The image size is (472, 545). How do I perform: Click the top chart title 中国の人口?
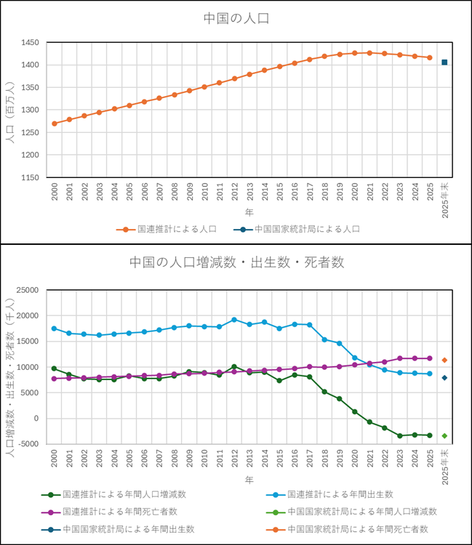(236, 19)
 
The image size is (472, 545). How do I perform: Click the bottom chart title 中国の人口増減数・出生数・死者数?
(236, 262)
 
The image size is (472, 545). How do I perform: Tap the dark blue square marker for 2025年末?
(444, 62)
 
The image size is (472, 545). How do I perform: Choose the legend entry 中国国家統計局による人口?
(304, 229)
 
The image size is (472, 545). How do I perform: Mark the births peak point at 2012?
(233, 320)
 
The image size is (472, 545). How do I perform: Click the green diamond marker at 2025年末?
(444, 436)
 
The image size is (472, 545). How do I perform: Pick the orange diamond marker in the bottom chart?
(444, 360)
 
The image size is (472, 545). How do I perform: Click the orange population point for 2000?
(55, 124)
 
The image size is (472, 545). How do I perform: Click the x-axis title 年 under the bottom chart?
(249, 480)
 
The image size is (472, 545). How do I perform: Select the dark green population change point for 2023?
(399, 435)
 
